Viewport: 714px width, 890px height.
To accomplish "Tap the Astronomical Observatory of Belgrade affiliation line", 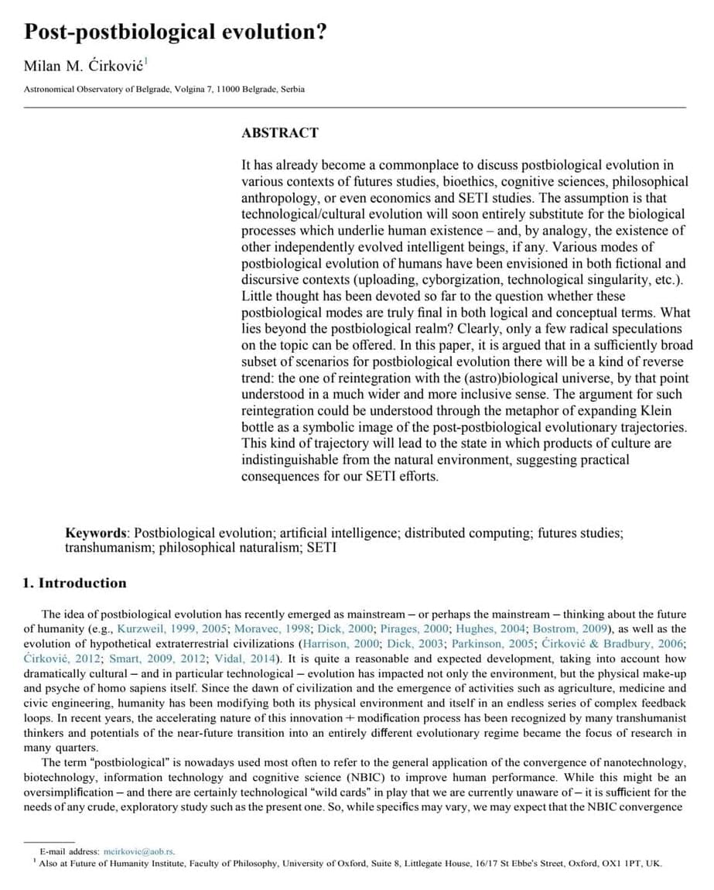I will [x=164, y=89].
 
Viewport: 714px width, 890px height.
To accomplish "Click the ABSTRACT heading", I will [x=279, y=132].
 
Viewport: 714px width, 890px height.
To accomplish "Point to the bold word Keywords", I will [x=97, y=533].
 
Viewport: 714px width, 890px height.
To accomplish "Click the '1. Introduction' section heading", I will [x=74, y=583].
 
